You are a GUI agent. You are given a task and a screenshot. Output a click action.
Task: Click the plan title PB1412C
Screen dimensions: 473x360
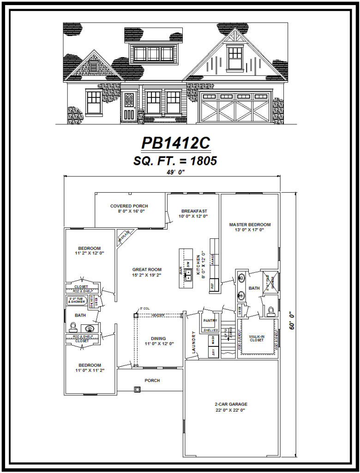[175, 144]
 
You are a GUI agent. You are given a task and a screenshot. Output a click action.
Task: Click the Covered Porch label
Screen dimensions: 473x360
[129, 206]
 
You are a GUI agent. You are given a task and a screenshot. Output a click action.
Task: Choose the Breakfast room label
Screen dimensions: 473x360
[194, 211]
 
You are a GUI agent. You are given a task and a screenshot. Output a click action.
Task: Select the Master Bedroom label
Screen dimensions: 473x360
[250, 225]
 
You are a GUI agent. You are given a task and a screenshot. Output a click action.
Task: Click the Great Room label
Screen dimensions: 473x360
[147, 269]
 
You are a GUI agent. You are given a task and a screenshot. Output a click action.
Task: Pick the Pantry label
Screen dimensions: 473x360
[210, 321]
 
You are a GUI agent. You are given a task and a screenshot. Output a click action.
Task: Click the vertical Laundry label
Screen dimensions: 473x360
[194, 341]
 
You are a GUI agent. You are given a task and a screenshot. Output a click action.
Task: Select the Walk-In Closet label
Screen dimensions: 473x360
[256, 337]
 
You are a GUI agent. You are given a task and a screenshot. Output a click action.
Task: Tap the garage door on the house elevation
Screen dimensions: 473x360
[235, 107]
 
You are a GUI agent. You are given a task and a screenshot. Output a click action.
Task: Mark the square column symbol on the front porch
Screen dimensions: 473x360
[137, 389]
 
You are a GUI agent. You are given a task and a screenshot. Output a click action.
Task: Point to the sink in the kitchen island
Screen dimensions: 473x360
[188, 277]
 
